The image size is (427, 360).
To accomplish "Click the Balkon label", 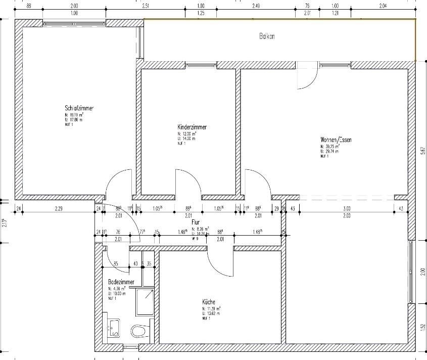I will click(x=267, y=36).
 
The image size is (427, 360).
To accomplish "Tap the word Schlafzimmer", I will click(x=79, y=108).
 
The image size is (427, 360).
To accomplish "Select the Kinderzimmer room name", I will click(x=192, y=127).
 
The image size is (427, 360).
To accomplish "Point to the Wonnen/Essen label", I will click(x=336, y=140).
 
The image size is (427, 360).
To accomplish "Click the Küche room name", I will click(x=209, y=302).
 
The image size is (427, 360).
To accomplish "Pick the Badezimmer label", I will click(x=121, y=282).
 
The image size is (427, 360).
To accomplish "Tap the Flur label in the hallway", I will click(x=196, y=222).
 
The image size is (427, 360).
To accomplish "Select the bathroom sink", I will click(x=114, y=327).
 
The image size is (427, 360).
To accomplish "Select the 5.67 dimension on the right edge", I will click(x=421, y=152).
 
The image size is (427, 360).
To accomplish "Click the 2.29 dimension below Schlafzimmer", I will click(x=59, y=208).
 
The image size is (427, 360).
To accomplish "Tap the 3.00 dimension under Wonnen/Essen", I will click(x=347, y=208).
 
